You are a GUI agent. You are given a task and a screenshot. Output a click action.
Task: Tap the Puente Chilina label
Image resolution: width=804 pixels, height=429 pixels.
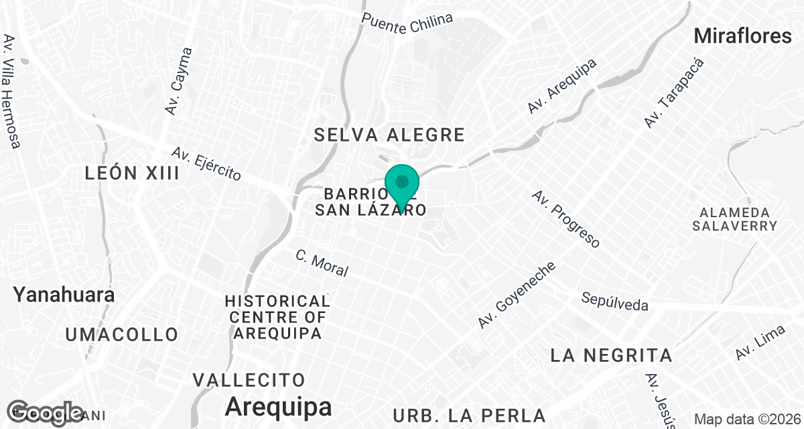coord(407,19)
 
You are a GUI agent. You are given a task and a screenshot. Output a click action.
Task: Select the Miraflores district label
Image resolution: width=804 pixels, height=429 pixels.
coord(743,36)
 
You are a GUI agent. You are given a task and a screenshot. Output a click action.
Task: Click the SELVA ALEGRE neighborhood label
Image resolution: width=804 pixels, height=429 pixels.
coord(390,135)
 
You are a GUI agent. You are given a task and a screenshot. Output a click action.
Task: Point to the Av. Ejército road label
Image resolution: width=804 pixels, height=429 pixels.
coord(206,165)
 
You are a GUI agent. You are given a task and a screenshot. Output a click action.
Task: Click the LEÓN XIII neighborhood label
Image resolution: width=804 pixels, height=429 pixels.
coord(133,174)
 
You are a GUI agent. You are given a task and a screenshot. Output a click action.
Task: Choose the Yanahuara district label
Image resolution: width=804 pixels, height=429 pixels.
coord(64,294)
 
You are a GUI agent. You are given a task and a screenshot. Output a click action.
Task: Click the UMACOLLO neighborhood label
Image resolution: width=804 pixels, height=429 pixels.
coord(122,334)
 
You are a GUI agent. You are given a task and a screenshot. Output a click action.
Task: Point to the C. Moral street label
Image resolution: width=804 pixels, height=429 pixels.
coord(322,263)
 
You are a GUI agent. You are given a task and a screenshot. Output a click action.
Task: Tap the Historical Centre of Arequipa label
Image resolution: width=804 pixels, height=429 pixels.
coord(277,316)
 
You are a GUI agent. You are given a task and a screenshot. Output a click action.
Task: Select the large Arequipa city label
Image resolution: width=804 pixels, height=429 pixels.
coord(278,406)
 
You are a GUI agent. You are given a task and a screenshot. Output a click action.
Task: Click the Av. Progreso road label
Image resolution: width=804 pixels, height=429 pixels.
coord(566,219)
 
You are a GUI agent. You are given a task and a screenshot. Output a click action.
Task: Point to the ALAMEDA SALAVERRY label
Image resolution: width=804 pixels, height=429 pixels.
coord(735,219)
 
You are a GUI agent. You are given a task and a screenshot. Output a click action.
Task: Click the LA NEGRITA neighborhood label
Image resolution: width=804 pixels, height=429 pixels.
coord(610,355)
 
